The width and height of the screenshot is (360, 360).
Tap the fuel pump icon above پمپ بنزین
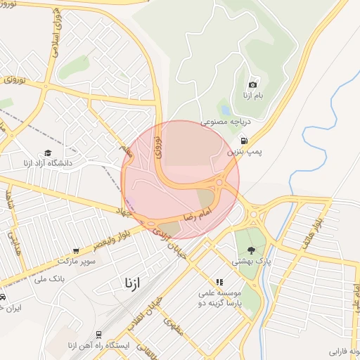(x=243, y=140)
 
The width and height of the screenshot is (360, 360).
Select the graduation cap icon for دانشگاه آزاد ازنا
(x=48, y=153)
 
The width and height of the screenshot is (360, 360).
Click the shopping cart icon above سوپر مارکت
(x=76, y=250)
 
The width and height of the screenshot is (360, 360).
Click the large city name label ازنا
(x=131, y=283)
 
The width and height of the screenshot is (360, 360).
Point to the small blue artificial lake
(x=224, y=110)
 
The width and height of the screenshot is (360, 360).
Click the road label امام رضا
(x=197, y=213)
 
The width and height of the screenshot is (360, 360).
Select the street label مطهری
(x=172, y=326)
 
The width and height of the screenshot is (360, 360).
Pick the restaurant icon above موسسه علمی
(x=219, y=281)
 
